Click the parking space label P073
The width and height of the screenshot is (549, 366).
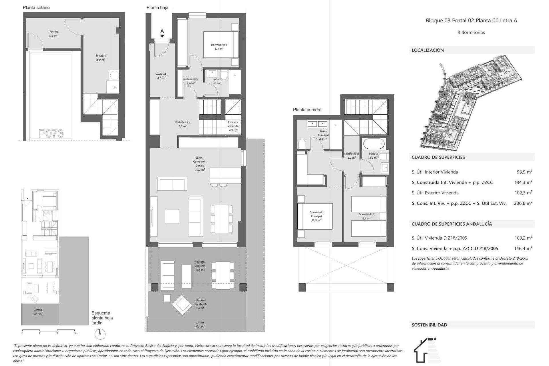click(51, 134)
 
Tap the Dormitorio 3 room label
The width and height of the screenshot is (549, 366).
click(219, 47)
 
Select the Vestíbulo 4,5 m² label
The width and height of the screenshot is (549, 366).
click(161, 76)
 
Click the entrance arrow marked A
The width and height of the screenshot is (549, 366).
click(162, 33)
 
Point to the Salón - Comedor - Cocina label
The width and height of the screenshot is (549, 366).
click(200, 164)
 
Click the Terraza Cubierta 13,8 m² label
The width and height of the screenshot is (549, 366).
click(200, 266)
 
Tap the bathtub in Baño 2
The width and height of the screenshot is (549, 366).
click(374, 144)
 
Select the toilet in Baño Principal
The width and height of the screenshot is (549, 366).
click(302, 144)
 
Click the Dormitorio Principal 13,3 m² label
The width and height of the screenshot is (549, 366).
click(316, 216)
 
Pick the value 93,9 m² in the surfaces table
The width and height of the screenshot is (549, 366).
click(524, 172)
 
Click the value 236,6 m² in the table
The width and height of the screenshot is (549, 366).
click(523, 203)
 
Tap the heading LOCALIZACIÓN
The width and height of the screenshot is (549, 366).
click(428, 50)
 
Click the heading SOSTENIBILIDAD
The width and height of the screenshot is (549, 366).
click(429, 325)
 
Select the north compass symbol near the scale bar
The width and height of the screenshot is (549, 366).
click(100, 333)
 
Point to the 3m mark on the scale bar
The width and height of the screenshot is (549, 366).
click(76, 333)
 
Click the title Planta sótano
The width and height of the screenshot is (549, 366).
click(36, 7)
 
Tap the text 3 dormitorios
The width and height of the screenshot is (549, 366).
click(471, 32)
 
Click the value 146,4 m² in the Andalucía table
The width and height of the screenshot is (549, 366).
click(523, 248)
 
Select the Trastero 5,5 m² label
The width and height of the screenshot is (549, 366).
click(53, 34)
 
